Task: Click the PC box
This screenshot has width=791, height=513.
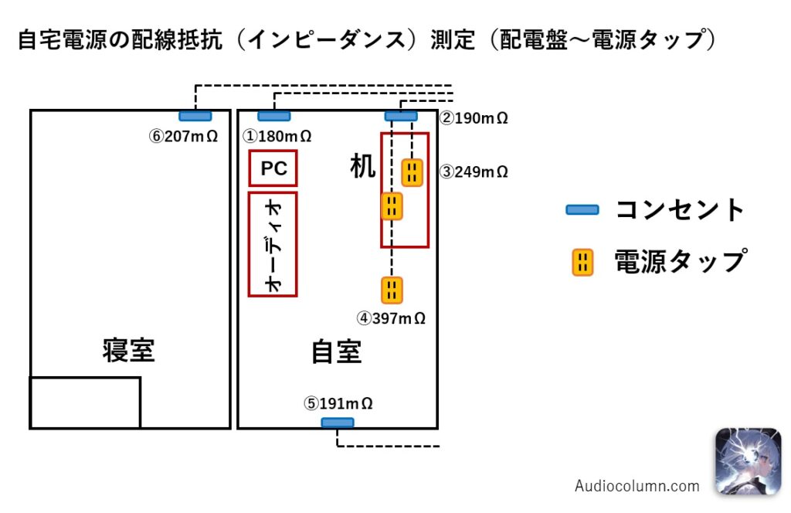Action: point(273,168)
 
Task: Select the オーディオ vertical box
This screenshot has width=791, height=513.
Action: point(273,243)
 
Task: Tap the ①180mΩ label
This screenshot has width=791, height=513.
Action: point(277,136)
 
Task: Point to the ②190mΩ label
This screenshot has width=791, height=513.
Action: point(474,118)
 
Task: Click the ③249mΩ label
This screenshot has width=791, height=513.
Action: point(474,172)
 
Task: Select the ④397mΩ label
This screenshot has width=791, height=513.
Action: point(391,318)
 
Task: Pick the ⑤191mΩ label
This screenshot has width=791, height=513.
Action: point(338,403)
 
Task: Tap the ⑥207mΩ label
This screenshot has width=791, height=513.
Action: point(183,136)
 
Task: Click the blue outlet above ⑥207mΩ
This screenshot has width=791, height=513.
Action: point(195,116)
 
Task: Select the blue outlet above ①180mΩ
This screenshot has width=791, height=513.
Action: point(274,116)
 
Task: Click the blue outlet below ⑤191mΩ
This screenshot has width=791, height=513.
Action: point(338,423)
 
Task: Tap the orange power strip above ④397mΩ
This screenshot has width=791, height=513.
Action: point(392,290)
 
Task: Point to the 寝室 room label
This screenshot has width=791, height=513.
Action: point(129,350)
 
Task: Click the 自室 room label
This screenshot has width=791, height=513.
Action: point(336,352)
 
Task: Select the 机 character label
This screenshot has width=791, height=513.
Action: point(362,165)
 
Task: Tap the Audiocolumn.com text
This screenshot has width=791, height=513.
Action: point(637,486)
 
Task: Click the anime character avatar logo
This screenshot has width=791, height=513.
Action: point(747,461)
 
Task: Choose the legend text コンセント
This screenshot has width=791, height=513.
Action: point(680,209)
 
